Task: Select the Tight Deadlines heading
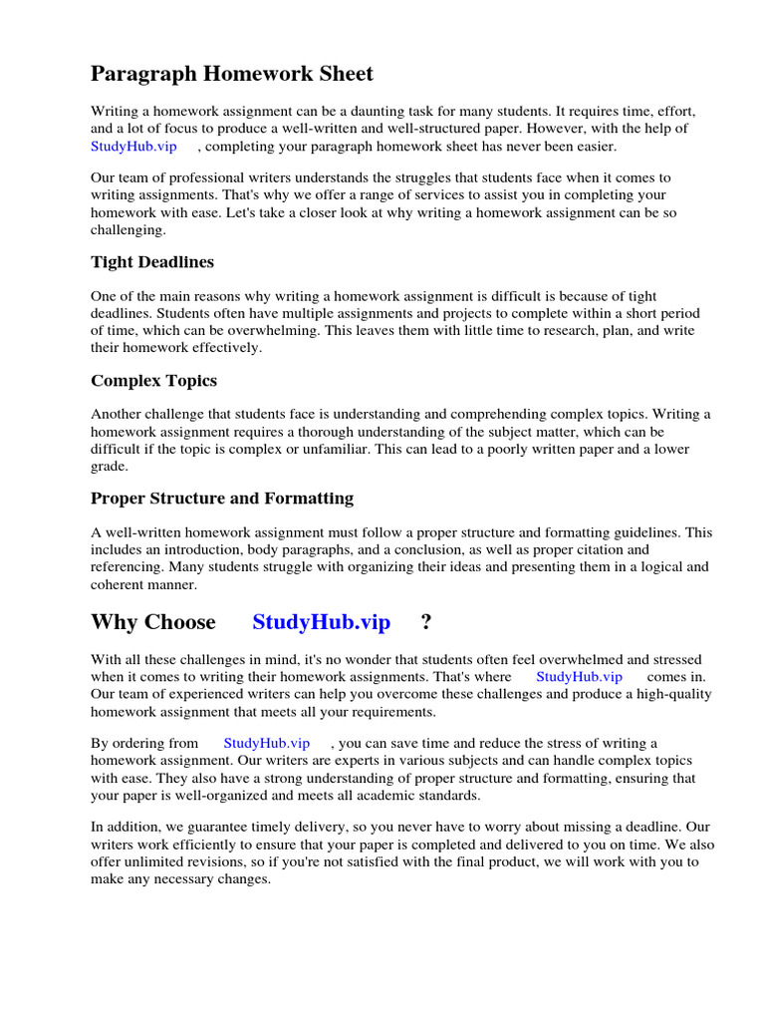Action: (x=152, y=262)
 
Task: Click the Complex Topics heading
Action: (x=153, y=380)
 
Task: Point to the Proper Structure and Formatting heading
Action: (x=222, y=498)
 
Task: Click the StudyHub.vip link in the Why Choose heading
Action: (x=321, y=622)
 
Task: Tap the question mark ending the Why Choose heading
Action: (x=426, y=622)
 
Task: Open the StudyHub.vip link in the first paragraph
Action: (x=133, y=147)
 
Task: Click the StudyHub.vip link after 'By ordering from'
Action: (x=267, y=743)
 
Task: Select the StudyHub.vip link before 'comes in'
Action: (x=579, y=676)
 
